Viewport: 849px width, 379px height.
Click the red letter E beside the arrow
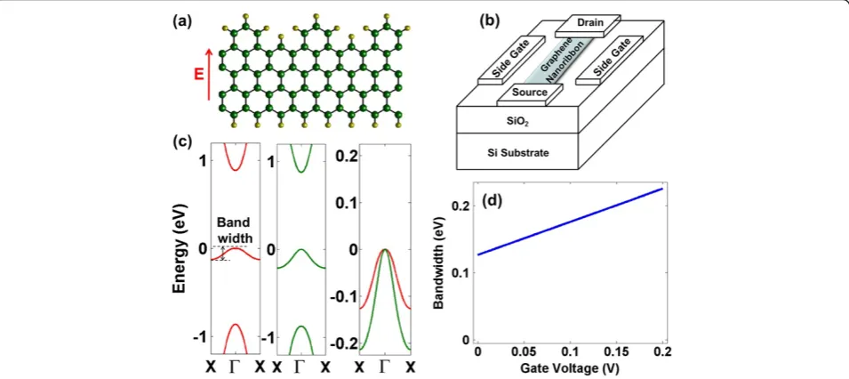[x=199, y=73]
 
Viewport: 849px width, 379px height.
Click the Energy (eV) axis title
[x=180, y=249]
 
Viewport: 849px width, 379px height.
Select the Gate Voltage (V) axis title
[x=567, y=368]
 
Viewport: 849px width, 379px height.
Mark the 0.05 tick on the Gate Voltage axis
[x=524, y=353]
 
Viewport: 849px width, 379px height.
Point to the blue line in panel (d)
[x=571, y=222]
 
